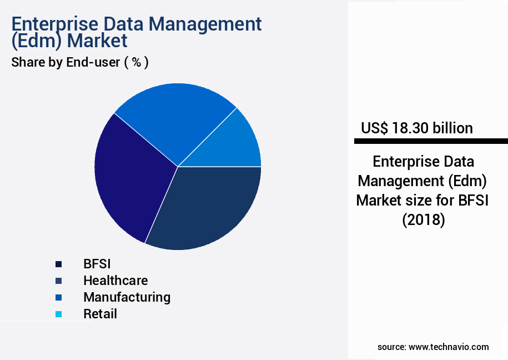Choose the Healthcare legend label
(x=115, y=281)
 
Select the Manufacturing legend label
(x=127, y=297)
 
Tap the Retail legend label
(x=100, y=314)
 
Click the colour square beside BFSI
(x=58, y=264)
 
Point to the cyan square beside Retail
(x=58, y=314)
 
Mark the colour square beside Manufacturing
(x=58, y=298)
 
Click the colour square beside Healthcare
(x=58, y=281)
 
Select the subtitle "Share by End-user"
(x=66, y=62)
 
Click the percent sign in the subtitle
(x=135, y=62)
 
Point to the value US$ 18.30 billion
(x=416, y=128)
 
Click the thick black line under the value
(x=431, y=142)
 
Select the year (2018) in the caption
(x=423, y=220)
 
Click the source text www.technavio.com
(x=449, y=347)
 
